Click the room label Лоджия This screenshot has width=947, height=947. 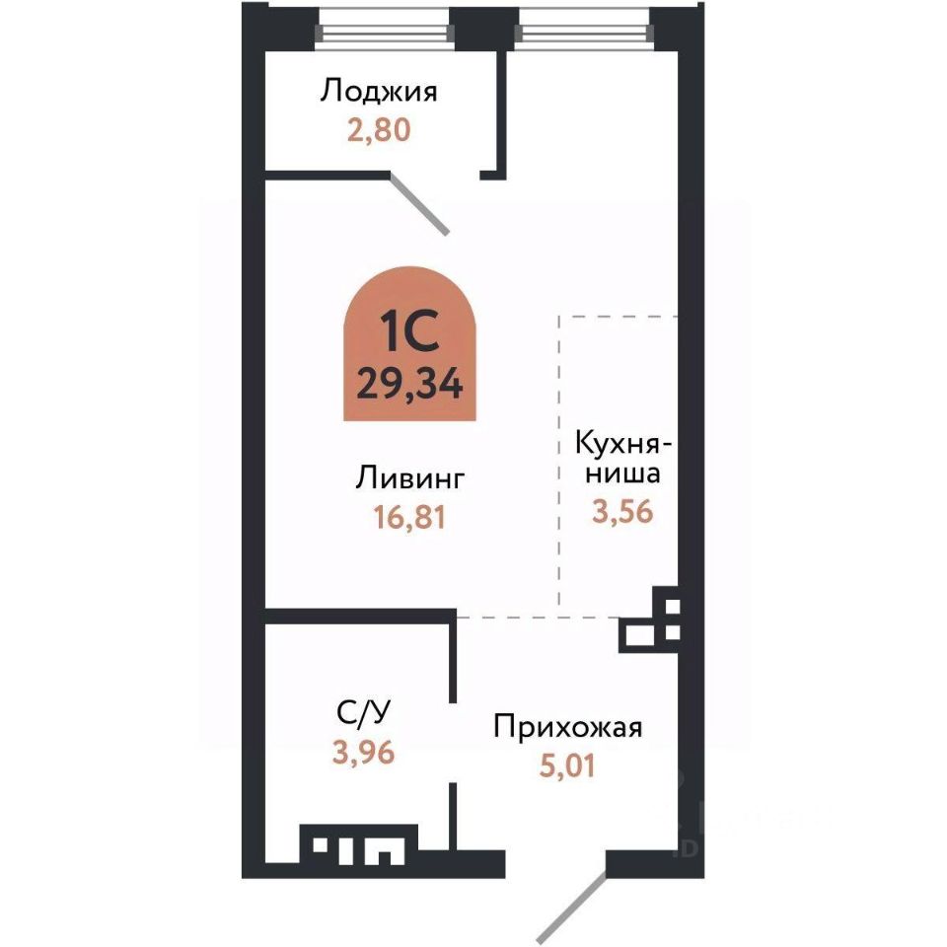(x=379, y=93)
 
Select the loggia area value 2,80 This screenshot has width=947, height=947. (x=379, y=130)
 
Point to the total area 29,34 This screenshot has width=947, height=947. (x=409, y=384)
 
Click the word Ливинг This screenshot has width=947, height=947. (x=410, y=478)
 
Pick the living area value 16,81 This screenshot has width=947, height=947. (x=409, y=518)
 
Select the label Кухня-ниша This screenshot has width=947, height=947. (x=623, y=458)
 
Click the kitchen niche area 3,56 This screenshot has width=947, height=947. (x=622, y=512)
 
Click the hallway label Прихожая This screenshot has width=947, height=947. (x=568, y=727)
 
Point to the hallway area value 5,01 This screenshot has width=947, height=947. (x=567, y=765)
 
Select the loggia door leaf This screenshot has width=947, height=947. (x=418, y=204)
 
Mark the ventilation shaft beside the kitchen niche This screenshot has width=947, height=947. (x=652, y=619)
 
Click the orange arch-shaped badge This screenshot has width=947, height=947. (x=409, y=343)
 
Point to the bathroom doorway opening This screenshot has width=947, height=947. (x=453, y=742)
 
